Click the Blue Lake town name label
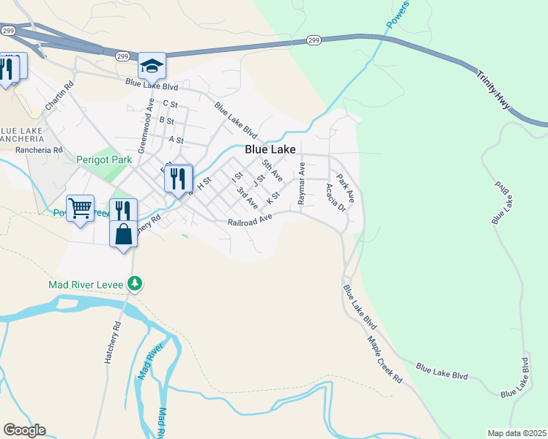[x=270, y=149]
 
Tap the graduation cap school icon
[x=152, y=67]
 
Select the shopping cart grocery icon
[x=80, y=209]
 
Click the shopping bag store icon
[x=124, y=235]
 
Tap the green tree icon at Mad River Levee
[x=134, y=282]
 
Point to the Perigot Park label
[x=103, y=158]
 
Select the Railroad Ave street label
[x=250, y=219]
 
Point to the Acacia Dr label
[x=336, y=197]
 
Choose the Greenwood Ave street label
[x=144, y=122]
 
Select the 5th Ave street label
[x=272, y=171]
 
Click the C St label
[x=171, y=104]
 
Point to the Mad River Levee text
[x=87, y=283]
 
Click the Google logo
[x=24, y=430]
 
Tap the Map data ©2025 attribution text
[x=516, y=433]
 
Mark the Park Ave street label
[x=345, y=187]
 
